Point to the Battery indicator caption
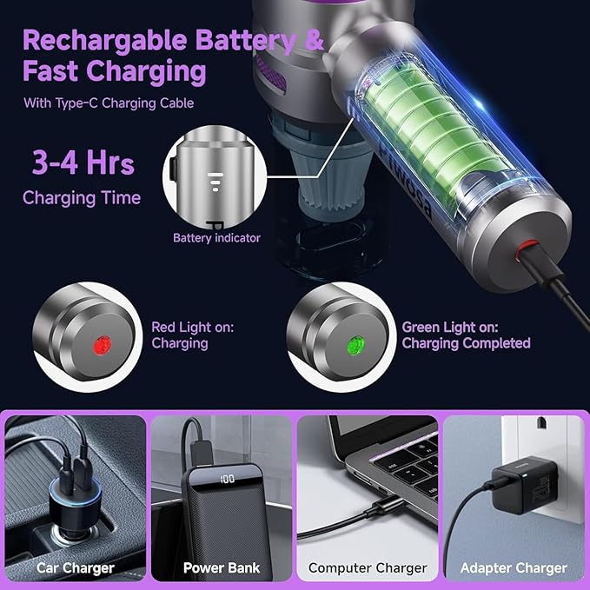click(216, 237)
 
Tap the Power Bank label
click(222, 568)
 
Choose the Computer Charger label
click(368, 568)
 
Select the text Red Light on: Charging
click(192, 335)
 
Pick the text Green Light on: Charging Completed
click(466, 335)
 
